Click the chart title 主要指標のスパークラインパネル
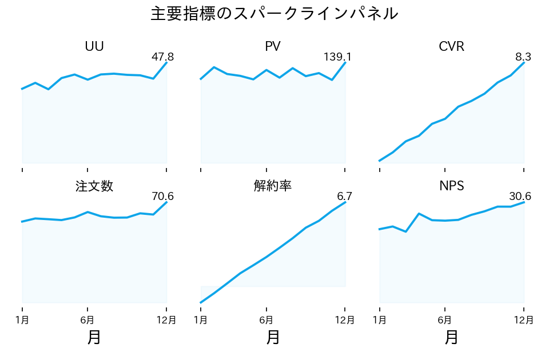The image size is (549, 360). tap(274, 14)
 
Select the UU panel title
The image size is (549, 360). tap(94, 47)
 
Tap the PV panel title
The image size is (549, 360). tap(273, 47)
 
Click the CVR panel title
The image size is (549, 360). tap(452, 47)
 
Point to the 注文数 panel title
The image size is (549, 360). tap(94, 186)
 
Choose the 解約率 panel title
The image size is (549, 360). tap(273, 186)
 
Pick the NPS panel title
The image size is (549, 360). tap(452, 186)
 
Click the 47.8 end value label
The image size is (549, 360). tap(162, 57)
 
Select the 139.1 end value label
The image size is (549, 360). tap(337, 57)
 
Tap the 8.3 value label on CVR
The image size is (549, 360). tap(523, 57)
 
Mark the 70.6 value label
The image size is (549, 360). tap(162, 197)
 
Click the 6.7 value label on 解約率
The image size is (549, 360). tap(345, 197)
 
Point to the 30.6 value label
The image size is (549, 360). tap(520, 197)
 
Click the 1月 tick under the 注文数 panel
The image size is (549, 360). tap(22, 319)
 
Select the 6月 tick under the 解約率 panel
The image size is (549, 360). tap(266, 319)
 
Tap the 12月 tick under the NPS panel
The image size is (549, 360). tap(524, 319)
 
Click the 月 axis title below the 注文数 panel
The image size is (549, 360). tap(94, 338)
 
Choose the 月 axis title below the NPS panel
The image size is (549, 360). tap(452, 338)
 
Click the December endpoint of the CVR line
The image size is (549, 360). tap(524, 62)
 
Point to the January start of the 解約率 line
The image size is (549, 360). tap(201, 302)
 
